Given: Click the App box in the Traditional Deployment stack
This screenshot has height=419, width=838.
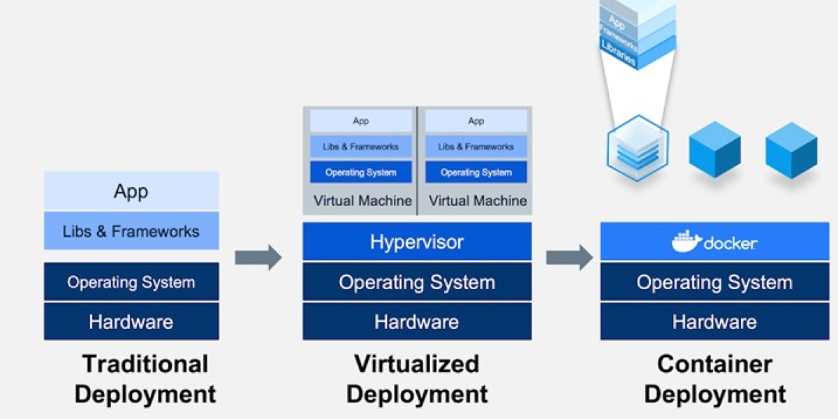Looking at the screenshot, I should pos(131,191).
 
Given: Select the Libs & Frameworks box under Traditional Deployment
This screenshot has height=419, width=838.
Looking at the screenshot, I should pos(131,231).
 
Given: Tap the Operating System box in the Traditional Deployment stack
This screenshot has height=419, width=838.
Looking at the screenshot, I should pos(131,282).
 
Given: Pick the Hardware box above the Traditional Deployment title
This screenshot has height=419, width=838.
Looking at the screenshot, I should pos(131,322).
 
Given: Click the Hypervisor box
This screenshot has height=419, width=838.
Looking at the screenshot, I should pos(417,242).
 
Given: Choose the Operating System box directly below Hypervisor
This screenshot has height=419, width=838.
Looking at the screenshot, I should pos(417,282).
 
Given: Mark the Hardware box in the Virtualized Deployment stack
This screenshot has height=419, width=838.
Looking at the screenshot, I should pos(417,322).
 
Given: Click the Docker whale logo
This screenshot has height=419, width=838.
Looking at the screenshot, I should pos(686,242).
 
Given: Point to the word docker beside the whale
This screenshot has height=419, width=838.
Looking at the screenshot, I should pos(730,244).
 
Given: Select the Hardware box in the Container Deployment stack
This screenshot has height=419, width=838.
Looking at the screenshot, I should pos(714,322).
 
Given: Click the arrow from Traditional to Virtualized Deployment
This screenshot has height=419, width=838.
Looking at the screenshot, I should pos(258,257).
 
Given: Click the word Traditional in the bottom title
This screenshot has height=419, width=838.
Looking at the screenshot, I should pos(145,364).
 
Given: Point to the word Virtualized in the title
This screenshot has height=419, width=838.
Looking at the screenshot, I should pos(417,364).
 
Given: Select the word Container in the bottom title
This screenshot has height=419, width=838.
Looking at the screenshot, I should pos(714,364).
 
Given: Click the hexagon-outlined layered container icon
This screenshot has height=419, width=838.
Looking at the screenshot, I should pos(638,148).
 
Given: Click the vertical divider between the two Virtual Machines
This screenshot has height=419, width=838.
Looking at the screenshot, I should pos(417,161).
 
